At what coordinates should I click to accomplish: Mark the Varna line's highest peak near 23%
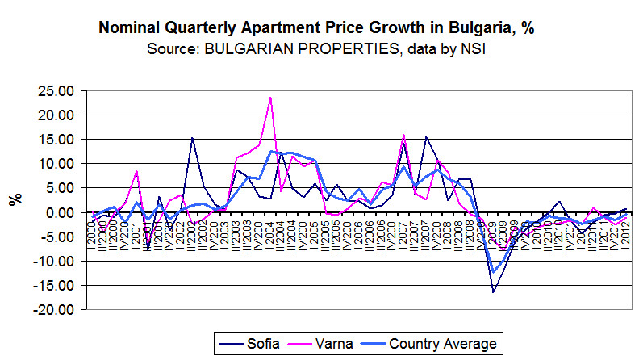pyautogui.click(x=269, y=98)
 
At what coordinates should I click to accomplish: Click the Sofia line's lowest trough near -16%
pyautogui.click(x=494, y=291)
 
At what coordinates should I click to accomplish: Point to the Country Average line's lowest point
pyautogui.click(x=494, y=272)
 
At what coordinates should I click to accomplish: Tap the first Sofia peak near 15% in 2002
pyautogui.click(x=192, y=138)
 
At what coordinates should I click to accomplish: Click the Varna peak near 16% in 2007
pyautogui.click(x=403, y=135)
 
